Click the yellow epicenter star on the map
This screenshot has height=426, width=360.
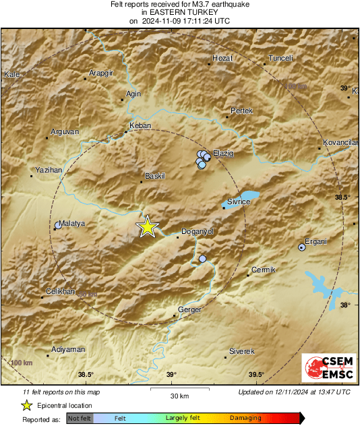pos(147,227)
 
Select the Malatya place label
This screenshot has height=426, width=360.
pos(71,223)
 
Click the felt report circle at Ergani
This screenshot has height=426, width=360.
pos(302,248)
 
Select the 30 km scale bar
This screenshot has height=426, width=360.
pos(178,389)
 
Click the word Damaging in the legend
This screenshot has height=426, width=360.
pos(245,419)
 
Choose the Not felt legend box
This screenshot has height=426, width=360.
pos(80,419)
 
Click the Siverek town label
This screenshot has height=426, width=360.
pos(242,352)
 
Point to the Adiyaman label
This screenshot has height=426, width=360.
pos(69,349)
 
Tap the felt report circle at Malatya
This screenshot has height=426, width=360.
pos(59,226)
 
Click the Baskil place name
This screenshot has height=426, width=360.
pos(155,176)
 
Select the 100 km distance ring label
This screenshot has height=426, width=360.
pos(22,363)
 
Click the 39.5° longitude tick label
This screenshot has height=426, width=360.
pos(256,375)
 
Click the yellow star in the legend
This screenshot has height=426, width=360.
pos(26,405)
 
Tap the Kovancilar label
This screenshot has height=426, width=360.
pos(340,143)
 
